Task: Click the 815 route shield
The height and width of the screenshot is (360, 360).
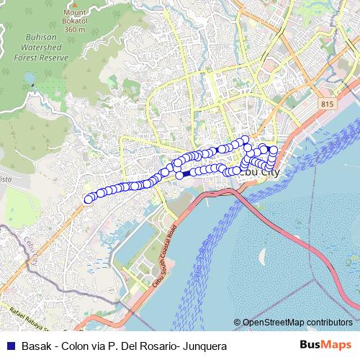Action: pos(328,104)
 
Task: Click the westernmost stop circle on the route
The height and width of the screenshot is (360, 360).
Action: pos(89,199)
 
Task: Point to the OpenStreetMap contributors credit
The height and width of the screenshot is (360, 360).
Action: pos(297,323)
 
